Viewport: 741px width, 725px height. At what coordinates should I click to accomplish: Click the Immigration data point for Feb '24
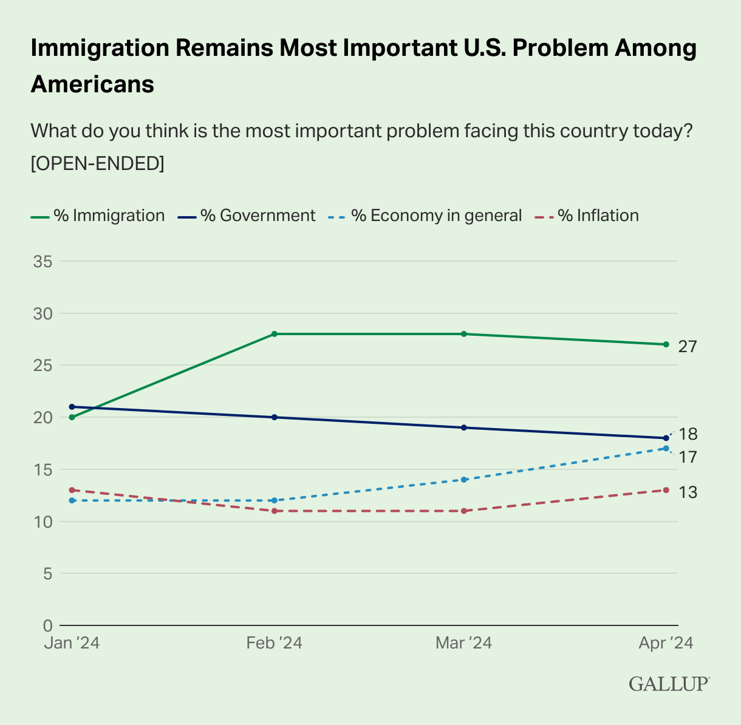tap(275, 334)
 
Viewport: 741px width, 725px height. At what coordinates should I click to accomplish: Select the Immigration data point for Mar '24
tap(464, 334)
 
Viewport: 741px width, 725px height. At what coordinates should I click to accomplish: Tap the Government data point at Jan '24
tap(72, 407)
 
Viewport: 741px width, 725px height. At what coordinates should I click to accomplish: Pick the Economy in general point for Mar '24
tap(464, 480)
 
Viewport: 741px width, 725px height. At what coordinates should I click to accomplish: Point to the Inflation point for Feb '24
tap(275, 511)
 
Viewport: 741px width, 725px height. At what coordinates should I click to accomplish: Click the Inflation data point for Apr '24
tap(666, 490)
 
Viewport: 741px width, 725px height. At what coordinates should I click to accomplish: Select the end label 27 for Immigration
tap(688, 347)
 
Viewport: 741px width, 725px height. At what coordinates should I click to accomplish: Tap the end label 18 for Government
tap(688, 434)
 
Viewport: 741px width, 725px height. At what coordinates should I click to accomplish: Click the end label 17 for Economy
tap(688, 457)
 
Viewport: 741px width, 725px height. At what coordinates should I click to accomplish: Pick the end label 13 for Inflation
tap(688, 492)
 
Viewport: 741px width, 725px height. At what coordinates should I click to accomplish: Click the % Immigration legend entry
tap(98, 216)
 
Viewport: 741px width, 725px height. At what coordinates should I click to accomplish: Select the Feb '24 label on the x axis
tap(275, 643)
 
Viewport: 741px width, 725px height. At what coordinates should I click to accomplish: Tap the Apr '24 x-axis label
tap(665, 643)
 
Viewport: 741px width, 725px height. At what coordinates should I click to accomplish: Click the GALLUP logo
tap(669, 684)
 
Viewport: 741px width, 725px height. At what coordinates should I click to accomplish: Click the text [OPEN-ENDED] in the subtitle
tap(97, 163)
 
